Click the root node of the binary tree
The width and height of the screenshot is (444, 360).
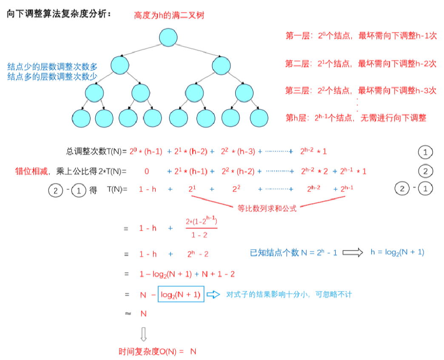[168, 37]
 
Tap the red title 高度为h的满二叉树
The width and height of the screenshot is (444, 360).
[169, 16]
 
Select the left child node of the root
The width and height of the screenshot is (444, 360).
[120, 65]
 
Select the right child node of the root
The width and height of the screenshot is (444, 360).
[221, 65]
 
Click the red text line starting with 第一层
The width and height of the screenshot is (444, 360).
[361, 36]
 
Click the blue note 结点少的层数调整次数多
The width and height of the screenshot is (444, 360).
[52, 67]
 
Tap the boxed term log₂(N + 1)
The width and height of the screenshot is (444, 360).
[181, 294]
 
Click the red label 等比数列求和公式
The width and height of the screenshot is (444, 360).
[267, 209]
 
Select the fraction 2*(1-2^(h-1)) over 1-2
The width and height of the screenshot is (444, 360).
[202, 228]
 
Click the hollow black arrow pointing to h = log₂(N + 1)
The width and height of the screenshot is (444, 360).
[353, 252]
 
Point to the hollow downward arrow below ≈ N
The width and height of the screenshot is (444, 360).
[144, 334]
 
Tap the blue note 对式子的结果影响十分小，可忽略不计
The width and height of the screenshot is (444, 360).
[289, 294]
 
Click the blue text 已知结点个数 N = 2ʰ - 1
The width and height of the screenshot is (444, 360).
[293, 252]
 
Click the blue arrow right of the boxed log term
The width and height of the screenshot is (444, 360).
[213, 294]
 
